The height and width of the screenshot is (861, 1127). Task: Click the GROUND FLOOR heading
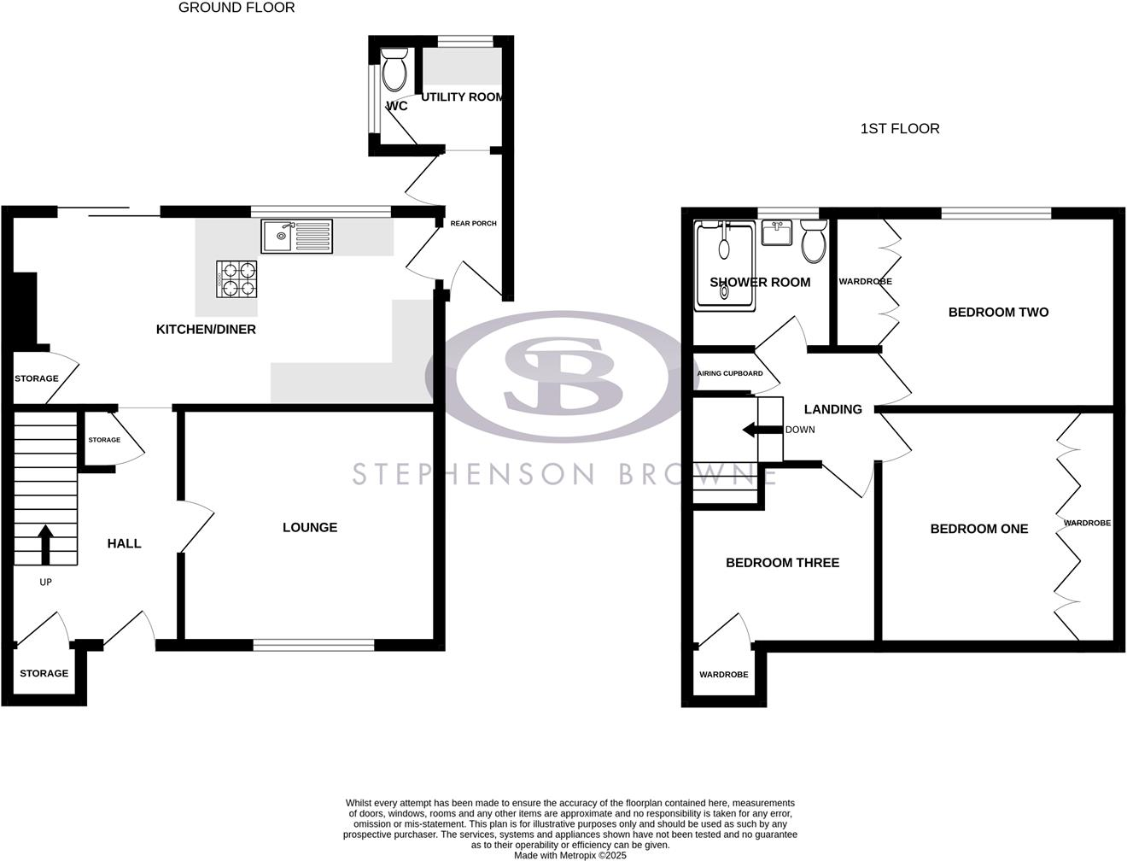(236, 8)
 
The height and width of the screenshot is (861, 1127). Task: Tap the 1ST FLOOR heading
(900, 129)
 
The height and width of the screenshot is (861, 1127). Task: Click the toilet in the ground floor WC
(394, 70)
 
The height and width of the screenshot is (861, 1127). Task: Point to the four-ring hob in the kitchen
(236, 278)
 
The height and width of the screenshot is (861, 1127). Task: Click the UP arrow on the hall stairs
(45, 543)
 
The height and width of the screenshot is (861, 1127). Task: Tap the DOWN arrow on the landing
(762, 430)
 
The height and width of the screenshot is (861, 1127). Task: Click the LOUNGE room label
(310, 528)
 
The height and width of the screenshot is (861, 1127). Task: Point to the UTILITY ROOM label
(462, 97)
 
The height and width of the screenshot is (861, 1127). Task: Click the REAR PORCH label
(473, 224)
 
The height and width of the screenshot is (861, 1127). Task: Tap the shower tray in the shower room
(725, 263)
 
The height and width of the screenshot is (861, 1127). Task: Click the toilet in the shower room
(814, 242)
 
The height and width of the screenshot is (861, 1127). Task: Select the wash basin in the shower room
(777, 232)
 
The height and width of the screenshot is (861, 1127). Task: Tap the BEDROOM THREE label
(782, 563)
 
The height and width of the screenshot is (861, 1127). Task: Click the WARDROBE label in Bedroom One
(1087, 523)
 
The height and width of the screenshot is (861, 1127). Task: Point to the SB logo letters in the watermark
(561, 376)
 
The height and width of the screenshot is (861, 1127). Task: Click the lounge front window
(313, 645)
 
